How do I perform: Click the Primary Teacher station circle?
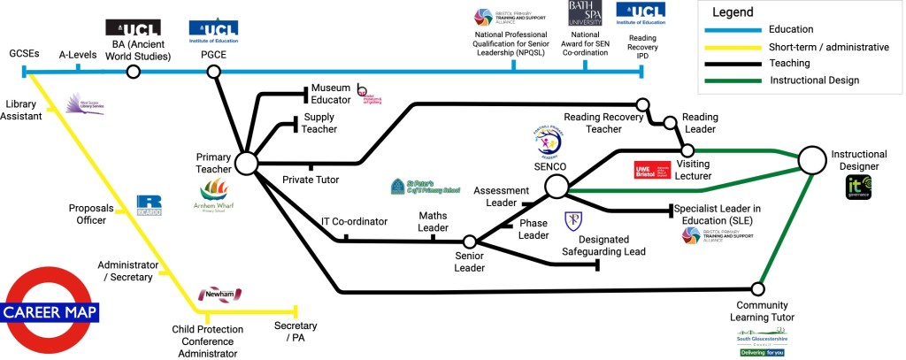(246, 164)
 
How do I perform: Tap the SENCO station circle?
(557, 187)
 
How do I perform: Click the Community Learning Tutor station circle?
(757, 288)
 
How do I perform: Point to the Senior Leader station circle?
(471, 241)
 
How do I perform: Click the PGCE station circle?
(213, 71)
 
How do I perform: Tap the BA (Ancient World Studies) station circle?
(134, 71)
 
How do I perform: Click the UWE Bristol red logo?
(654, 171)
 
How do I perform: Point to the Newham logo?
(219, 294)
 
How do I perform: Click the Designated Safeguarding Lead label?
(610, 245)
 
